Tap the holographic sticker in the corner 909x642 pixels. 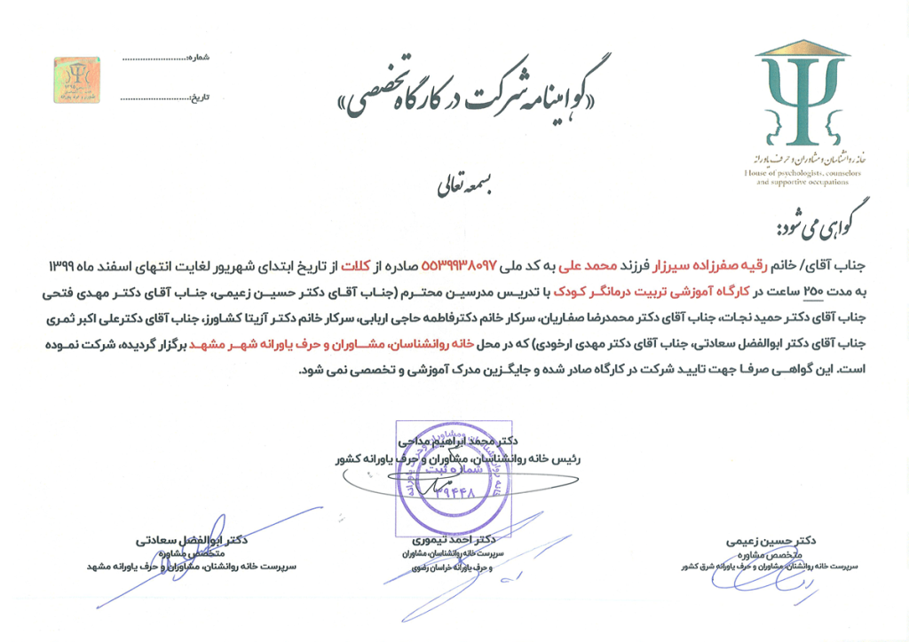[76, 79]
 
